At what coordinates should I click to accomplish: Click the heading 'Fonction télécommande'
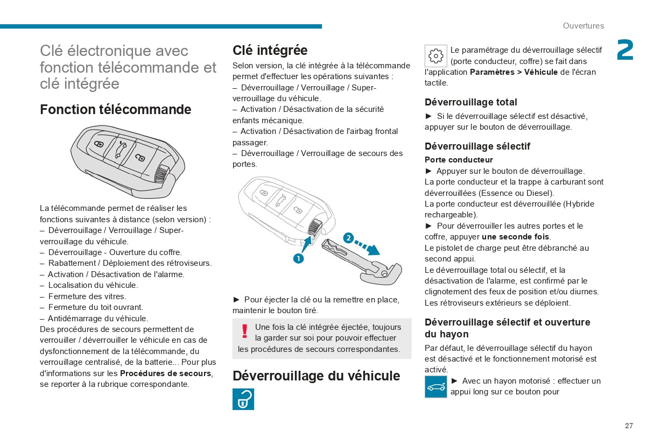pyautogui.click(x=115, y=110)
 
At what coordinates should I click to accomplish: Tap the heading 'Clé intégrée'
pyautogui.click(x=270, y=51)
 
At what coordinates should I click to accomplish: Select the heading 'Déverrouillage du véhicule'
pyautogui.click(x=316, y=376)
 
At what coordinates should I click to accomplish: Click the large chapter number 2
pyautogui.click(x=624, y=51)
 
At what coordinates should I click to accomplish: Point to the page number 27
pyautogui.click(x=629, y=426)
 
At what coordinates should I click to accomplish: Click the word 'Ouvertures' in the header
pyautogui.click(x=583, y=26)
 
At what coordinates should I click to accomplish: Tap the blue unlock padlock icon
pyautogui.click(x=243, y=399)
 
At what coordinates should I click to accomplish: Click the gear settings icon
pyautogui.click(x=435, y=56)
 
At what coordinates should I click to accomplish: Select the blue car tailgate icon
pyautogui.click(x=435, y=387)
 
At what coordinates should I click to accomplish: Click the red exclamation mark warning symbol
pyautogui.click(x=244, y=331)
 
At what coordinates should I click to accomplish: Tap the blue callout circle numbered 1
pyautogui.click(x=298, y=258)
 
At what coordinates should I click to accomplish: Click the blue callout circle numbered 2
pyautogui.click(x=348, y=238)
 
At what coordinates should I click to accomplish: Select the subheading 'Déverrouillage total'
pyautogui.click(x=470, y=102)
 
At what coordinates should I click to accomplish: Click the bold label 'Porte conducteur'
pyautogui.click(x=459, y=160)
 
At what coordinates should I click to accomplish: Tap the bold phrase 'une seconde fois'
pyautogui.click(x=515, y=237)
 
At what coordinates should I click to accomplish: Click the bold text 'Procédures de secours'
pyautogui.click(x=165, y=373)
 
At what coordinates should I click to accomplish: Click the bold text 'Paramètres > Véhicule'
pyautogui.click(x=514, y=72)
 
